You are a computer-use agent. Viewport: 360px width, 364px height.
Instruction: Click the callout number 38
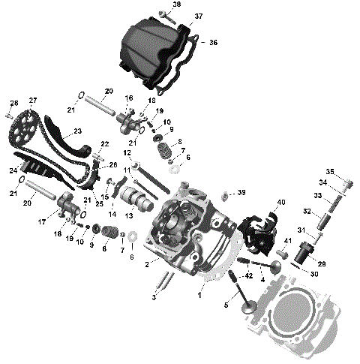tap(176, 5)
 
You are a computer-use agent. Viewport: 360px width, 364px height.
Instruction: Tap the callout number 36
tap(213, 43)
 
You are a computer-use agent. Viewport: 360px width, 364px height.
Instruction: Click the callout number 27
tap(33, 101)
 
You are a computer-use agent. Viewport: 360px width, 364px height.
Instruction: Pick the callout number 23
tap(78, 131)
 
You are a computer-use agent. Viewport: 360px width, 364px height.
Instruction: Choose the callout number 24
tap(13, 171)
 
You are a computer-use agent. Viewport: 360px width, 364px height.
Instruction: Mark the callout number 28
tap(13, 103)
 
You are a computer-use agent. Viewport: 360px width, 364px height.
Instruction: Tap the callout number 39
tap(241, 193)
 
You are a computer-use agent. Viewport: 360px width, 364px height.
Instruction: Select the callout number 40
tap(281, 202)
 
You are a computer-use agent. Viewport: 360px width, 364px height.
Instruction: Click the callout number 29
tap(322, 265)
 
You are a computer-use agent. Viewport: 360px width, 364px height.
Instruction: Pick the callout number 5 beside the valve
tap(226, 305)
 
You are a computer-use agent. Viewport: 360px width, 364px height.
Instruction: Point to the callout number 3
tap(153, 298)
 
